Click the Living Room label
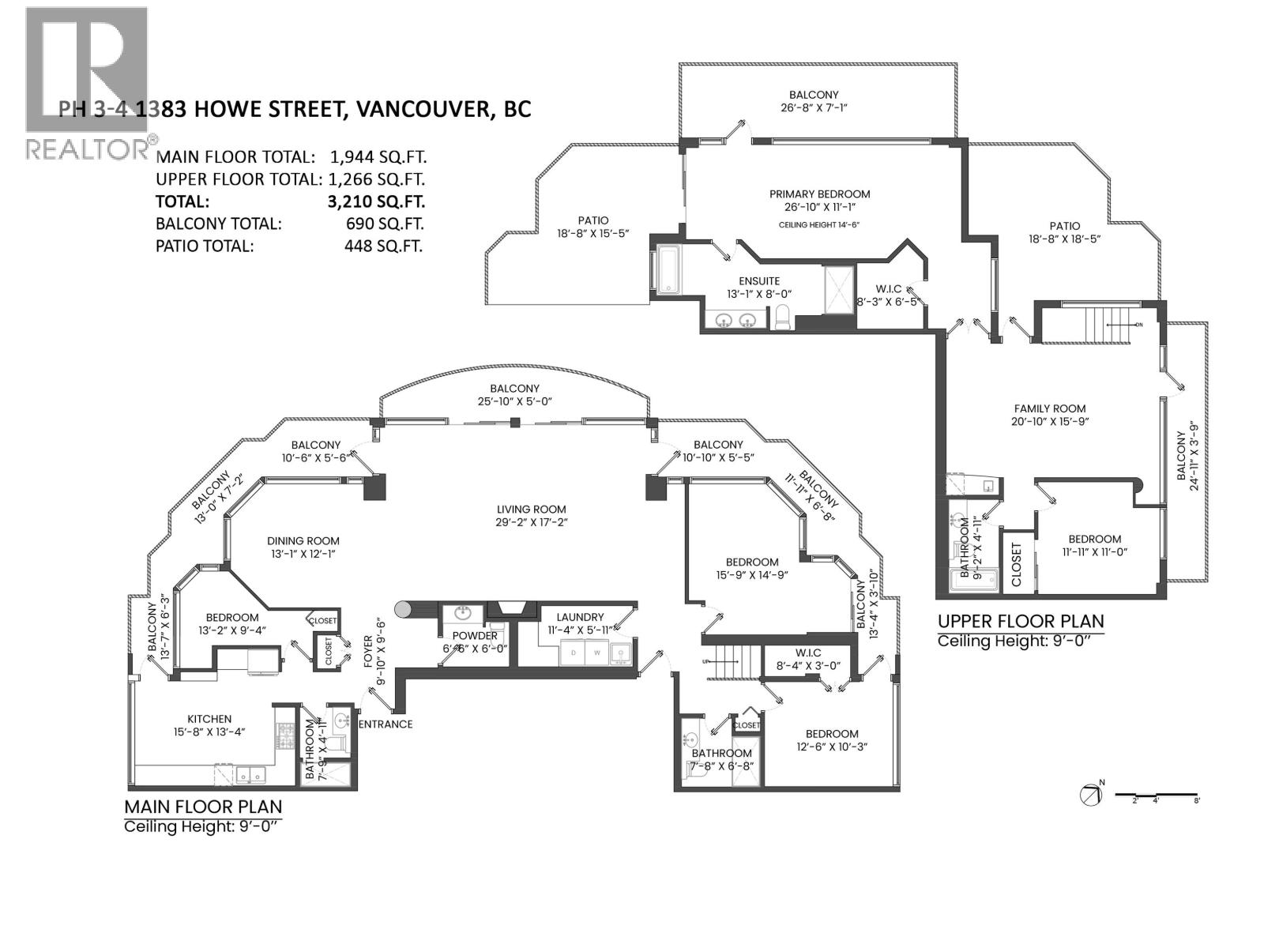pyautogui.click(x=531, y=510)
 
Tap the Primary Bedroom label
pyautogui.click(x=819, y=194)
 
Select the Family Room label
pyautogui.click(x=1050, y=408)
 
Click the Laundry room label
pyautogui.click(x=580, y=617)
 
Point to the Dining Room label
pyautogui.click(x=303, y=541)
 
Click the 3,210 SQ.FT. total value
pyautogui.click(x=375, y=201)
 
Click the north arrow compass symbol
pyautogui.click(x=1091, y=795)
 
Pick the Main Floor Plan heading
pyautogui.click(x=203, y=807)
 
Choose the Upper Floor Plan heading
pyautogui.click(x=1021, y=621)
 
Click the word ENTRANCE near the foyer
pyautogui.click(x=386, y=724)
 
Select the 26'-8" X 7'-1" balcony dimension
pyautogui.click(x=814, y=108)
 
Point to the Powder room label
pyautogui.click(x=475, y=636)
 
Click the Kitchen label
pyautogui.click(x=209, y=719)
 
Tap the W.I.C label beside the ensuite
pyautogui.click(x=889, y=289)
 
